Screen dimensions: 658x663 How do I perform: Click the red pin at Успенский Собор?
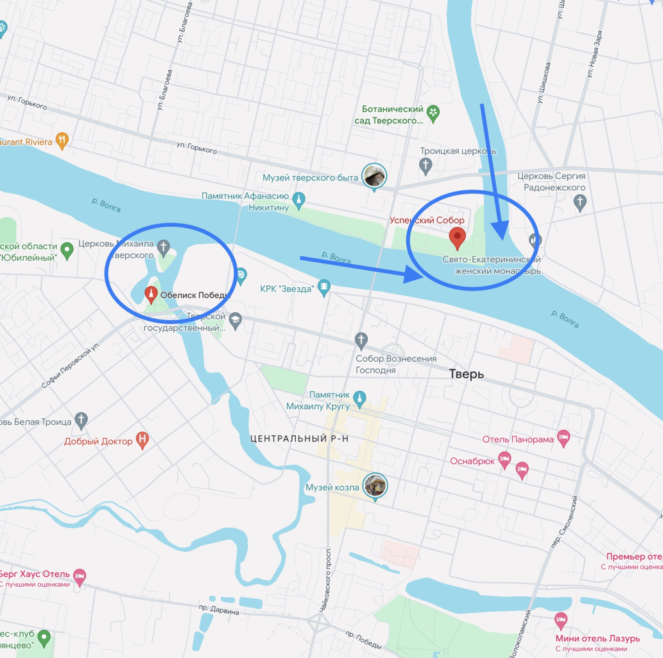point(457,237)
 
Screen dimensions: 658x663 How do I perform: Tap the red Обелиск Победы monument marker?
point(151,294)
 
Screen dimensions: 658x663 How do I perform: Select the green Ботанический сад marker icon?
point(433,114)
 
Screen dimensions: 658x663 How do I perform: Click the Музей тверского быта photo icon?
point(374,177)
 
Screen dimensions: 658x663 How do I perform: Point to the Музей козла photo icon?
point(375,486)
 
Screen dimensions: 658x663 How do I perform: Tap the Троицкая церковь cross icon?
point(426,166)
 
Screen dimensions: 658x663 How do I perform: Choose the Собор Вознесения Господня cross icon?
point(361,339)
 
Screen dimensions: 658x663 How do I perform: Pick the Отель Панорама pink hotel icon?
point(564,439)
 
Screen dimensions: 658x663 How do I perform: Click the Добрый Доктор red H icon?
point(143,441)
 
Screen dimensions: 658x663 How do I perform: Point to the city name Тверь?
point(467,374)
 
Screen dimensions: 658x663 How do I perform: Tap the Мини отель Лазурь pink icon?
point(560,621)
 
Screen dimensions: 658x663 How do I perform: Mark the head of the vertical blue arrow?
point(500,236)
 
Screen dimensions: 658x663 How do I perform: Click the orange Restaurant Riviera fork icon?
point(62,141)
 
